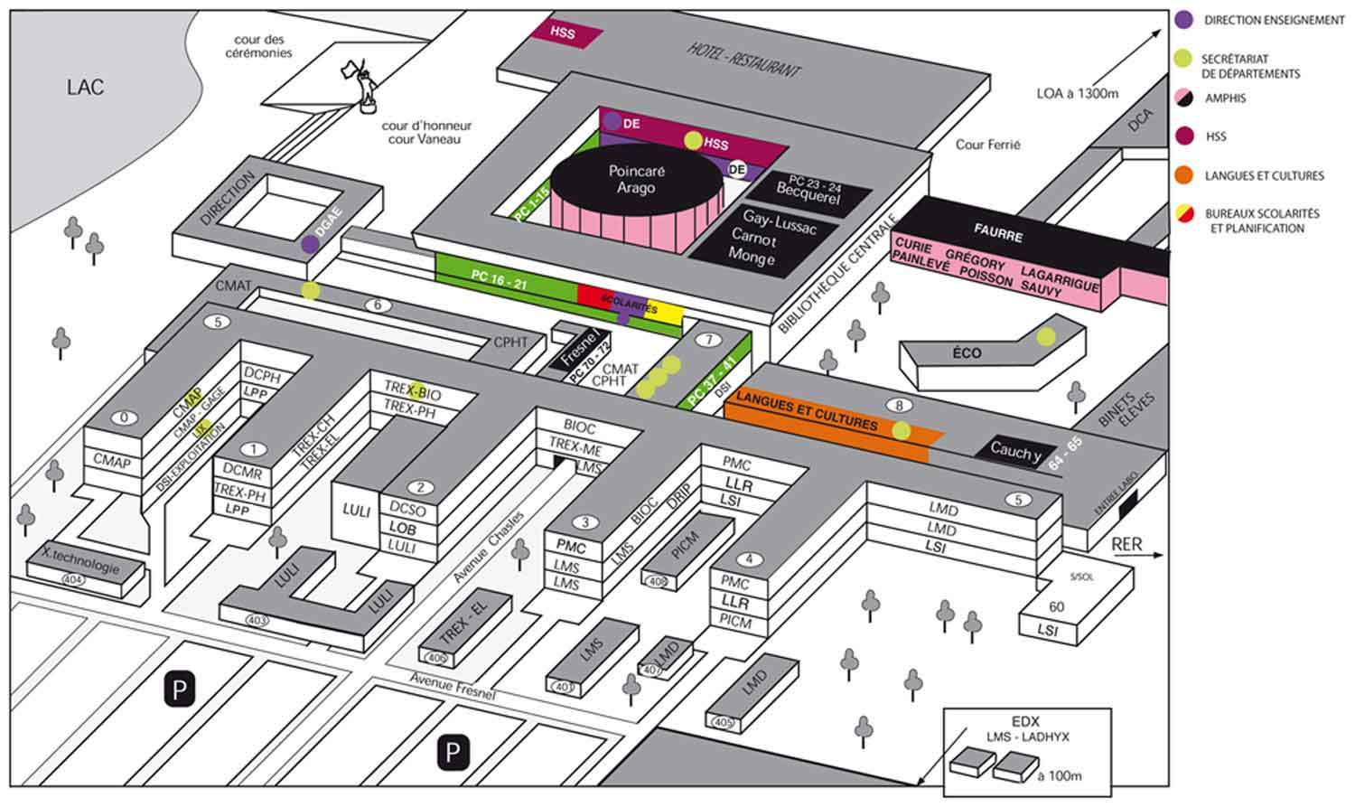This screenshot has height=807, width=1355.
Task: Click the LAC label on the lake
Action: pyautogui.click(x=85, y=88)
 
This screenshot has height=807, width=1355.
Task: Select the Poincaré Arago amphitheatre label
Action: pyautogui.click(x=636, y=179)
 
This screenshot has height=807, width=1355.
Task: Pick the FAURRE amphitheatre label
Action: pyautogui.click(x=997, y=234)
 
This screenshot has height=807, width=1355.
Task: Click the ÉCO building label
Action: pyautogui.click(x=966, y=352)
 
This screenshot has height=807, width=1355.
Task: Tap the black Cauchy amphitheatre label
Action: pyautogui.click(x=1015, y=450)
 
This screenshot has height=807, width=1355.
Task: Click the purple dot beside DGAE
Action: pyautogui.click(x=310, y=243)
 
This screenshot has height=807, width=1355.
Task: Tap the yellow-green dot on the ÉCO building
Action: pyautogui.click(x=1045, y=337)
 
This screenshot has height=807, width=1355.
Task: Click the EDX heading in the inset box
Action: pyautogui.click(x=1025, y=721)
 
